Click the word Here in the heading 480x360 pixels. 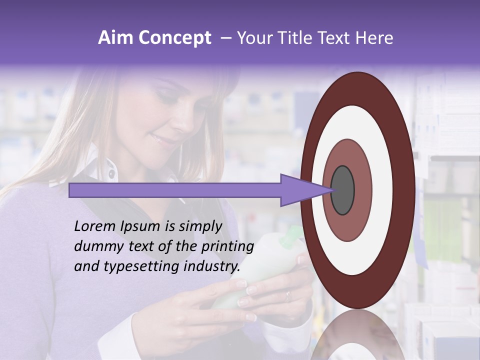coord(375,38)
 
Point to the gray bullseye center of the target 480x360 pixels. coord(342,190)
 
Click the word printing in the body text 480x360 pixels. coord(227,246)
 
